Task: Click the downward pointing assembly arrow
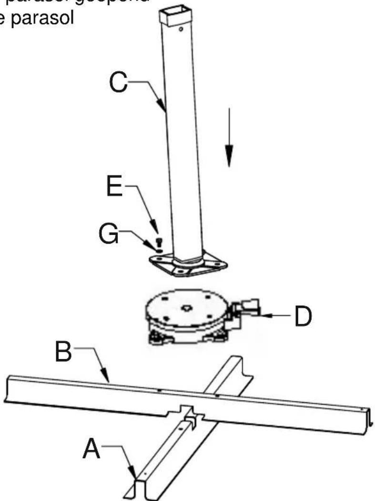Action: pos(229,138)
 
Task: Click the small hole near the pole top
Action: pos(181,29)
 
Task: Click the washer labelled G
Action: pos(159,245)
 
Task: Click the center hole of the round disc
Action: pos(184,309)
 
